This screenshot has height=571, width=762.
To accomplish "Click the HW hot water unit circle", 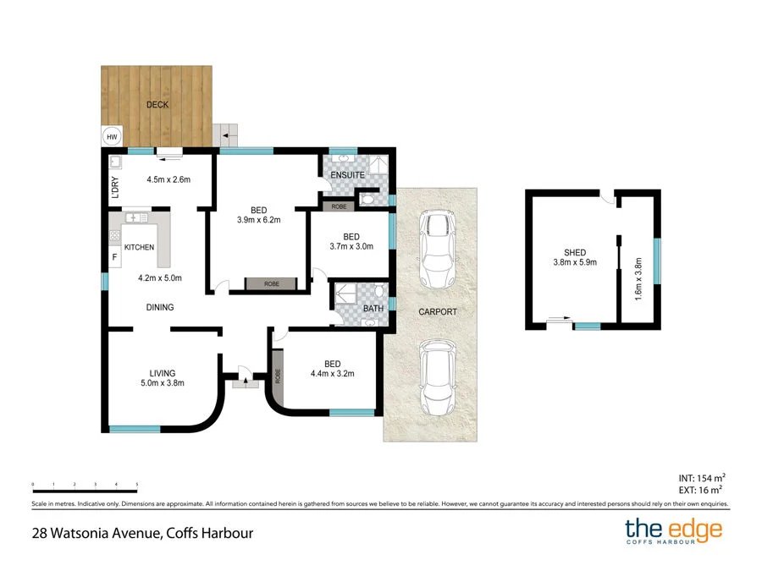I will [111, 136].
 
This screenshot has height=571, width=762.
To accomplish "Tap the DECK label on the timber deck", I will [157, 105].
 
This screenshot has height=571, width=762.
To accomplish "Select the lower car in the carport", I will [438, 376].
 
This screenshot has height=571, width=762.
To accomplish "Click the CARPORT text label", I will [438, 312].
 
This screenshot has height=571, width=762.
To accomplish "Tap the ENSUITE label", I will [347, 175].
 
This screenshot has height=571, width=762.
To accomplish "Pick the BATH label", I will [373, 309].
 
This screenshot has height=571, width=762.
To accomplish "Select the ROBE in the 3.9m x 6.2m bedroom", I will [272, 284].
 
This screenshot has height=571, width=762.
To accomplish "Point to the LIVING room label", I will [163, 372].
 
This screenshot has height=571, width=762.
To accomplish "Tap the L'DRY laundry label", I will [114, 185].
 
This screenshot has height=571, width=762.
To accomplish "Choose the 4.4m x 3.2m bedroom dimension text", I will [332, 373].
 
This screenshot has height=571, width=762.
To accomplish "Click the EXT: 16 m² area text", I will [700, 490].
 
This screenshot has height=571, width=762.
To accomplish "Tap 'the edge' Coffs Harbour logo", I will [674, 532].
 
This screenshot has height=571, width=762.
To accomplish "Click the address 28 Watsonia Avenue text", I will [138, 533].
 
